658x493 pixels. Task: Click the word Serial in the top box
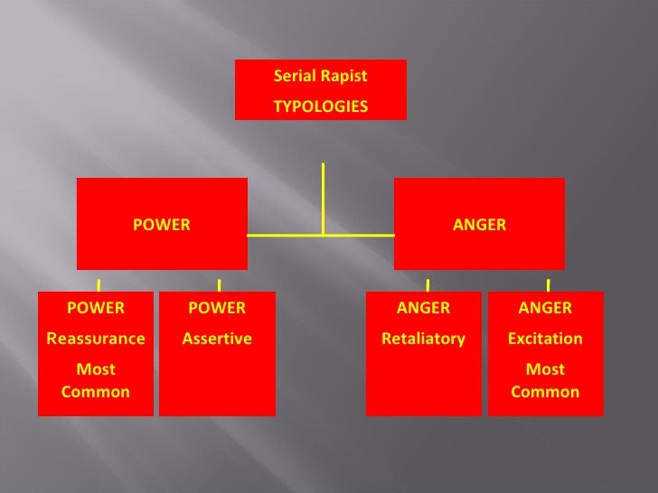[x=295, y=77]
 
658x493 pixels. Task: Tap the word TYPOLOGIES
[x=321, y=107]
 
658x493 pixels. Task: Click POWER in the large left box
[x=162, y=225]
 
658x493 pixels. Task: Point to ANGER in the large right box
[x=479, y=225]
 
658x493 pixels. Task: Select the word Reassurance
[x=96, y=339]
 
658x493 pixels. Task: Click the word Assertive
[x=217, y=339]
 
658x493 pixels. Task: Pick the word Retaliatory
[x=423, y=339]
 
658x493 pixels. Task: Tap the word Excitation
[x=545, y=339]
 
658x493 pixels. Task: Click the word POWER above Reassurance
[x=96, y=308]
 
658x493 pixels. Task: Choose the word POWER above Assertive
[x=217, y=308]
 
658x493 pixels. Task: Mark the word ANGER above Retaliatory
[x=423, y=308]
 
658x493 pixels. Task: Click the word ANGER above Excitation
[x=545, y=308]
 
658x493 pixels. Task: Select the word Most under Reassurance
[x=96, y=369]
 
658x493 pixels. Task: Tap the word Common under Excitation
[x=545, y=392]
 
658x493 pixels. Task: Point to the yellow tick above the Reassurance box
[x=99, y=284]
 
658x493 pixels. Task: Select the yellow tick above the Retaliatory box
[x=428, y=284]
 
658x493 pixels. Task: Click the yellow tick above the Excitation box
[x=549, y=284]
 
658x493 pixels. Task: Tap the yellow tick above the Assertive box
[x=220, y=284]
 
